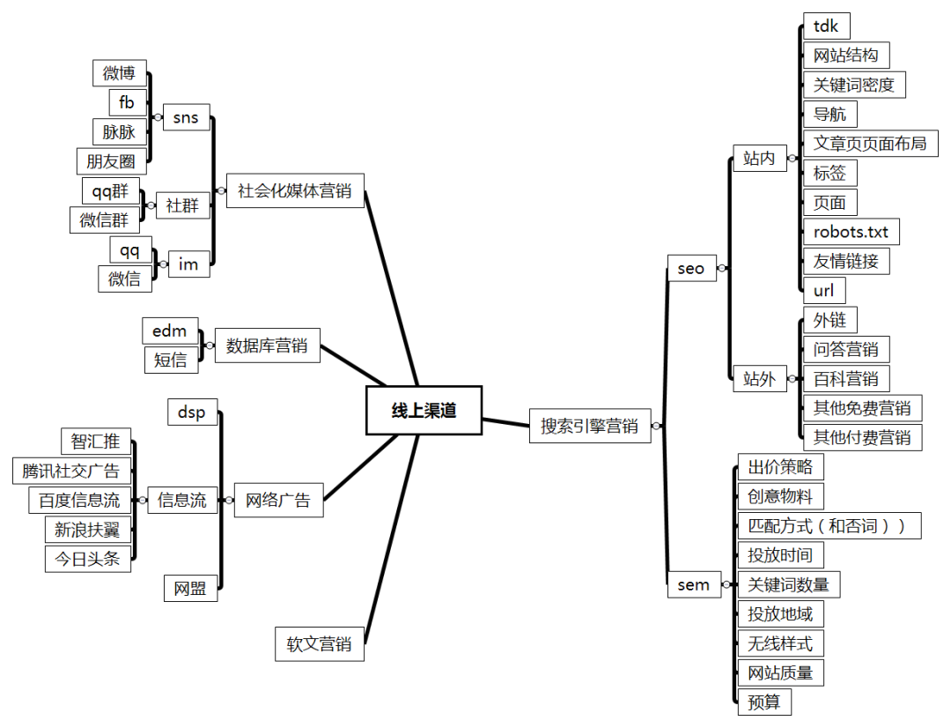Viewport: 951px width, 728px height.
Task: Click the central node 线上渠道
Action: (x=424, y=411)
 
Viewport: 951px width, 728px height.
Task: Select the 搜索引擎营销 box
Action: (x=589, y=427)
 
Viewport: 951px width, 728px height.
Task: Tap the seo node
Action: (x=691, y=268)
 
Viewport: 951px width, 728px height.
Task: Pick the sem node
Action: (x=694, y=584)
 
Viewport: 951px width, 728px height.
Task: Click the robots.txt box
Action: (x=851, y=232)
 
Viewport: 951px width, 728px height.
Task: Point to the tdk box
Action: (x=826, y=26)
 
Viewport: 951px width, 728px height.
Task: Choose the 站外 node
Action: (x=759, y=379)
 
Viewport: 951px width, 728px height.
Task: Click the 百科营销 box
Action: (x=845, y=379)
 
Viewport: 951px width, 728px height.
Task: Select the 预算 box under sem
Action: (x=763, y=702)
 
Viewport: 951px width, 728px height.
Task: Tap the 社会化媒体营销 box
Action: (x=295, y=190)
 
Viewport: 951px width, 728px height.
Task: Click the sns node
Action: (x=186, y=117)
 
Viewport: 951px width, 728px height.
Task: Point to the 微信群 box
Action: (x=104, y=220)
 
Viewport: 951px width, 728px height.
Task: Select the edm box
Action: (x=170, y=331)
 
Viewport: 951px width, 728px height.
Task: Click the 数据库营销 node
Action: (x=267, y=345)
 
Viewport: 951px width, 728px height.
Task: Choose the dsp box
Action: (x=192, y=412)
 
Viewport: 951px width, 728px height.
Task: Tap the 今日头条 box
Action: (x=87, y=559)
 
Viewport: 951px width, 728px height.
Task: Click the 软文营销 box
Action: (x=319, y=643)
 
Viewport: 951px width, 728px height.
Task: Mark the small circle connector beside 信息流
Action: (x=142, y=500)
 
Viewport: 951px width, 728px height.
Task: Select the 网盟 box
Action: (x=190, y=589)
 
